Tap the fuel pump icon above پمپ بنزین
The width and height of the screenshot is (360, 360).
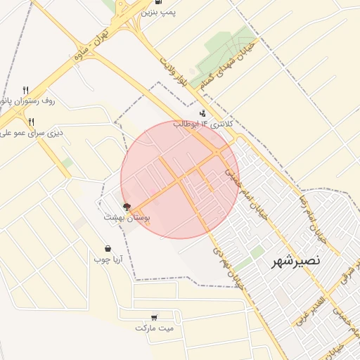pyautogui.click(x=167, y=2)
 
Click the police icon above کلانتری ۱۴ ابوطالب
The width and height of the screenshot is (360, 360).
pyautogui.click(x=203, y=112)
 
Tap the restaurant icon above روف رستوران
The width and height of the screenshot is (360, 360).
pyautogui.click(x=26, y=90)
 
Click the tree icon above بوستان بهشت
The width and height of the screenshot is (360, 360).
pyautogui.click(x=127, y=207)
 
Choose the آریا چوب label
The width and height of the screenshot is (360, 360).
pyautogui.click(x=108, y=259)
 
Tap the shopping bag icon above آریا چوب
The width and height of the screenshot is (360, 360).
pyautogui.click(x=108, y=247)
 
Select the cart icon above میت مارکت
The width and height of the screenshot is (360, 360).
pyautogui.click(x=154, y=317)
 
